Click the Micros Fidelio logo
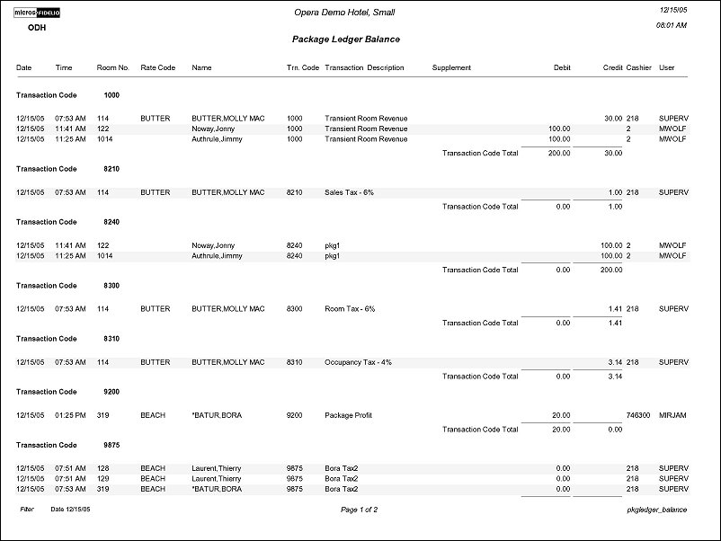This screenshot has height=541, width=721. click(x=36, y=12)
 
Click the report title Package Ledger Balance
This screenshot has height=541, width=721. click(x=346, y=40)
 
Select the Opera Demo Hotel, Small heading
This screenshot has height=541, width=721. click(x=344, y=13)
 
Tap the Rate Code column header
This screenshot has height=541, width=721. click(x=157, y=67)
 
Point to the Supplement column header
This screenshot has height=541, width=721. click(x=451, y=67)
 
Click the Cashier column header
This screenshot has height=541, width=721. click(x=638, y=67)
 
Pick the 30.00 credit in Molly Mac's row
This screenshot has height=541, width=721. click(x=612, y=119)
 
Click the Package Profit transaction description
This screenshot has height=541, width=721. click(x=348, y=415)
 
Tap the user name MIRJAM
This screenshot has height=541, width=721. click(x=672, y=415)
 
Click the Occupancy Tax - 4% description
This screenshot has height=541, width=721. click(x=358, y=362)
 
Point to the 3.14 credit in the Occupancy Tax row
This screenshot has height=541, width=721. click(x=614, y=362)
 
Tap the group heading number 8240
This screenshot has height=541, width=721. click(x=111, y=222)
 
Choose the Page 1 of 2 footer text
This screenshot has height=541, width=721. click(x=359, y=510)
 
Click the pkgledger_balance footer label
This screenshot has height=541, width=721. click(x=657, y=510)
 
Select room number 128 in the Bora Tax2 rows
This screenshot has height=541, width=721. click(x=102, y=468)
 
